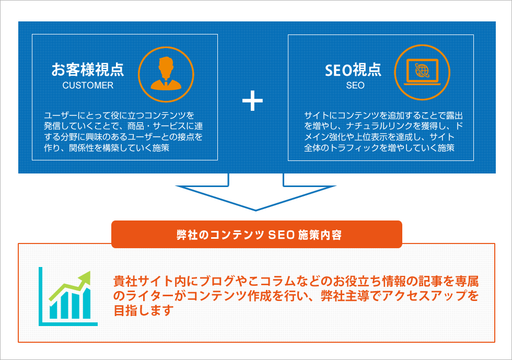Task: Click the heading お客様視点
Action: coord(87,69)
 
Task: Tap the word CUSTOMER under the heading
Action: coord(88,86)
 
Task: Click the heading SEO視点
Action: coord(353,69)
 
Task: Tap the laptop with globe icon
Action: coord(423,72)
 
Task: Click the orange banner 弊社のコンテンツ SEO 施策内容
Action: coord(257,235)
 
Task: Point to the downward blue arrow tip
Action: coord(255,209)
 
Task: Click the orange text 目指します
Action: coord(143,311)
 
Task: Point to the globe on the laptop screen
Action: coord(422,69)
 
